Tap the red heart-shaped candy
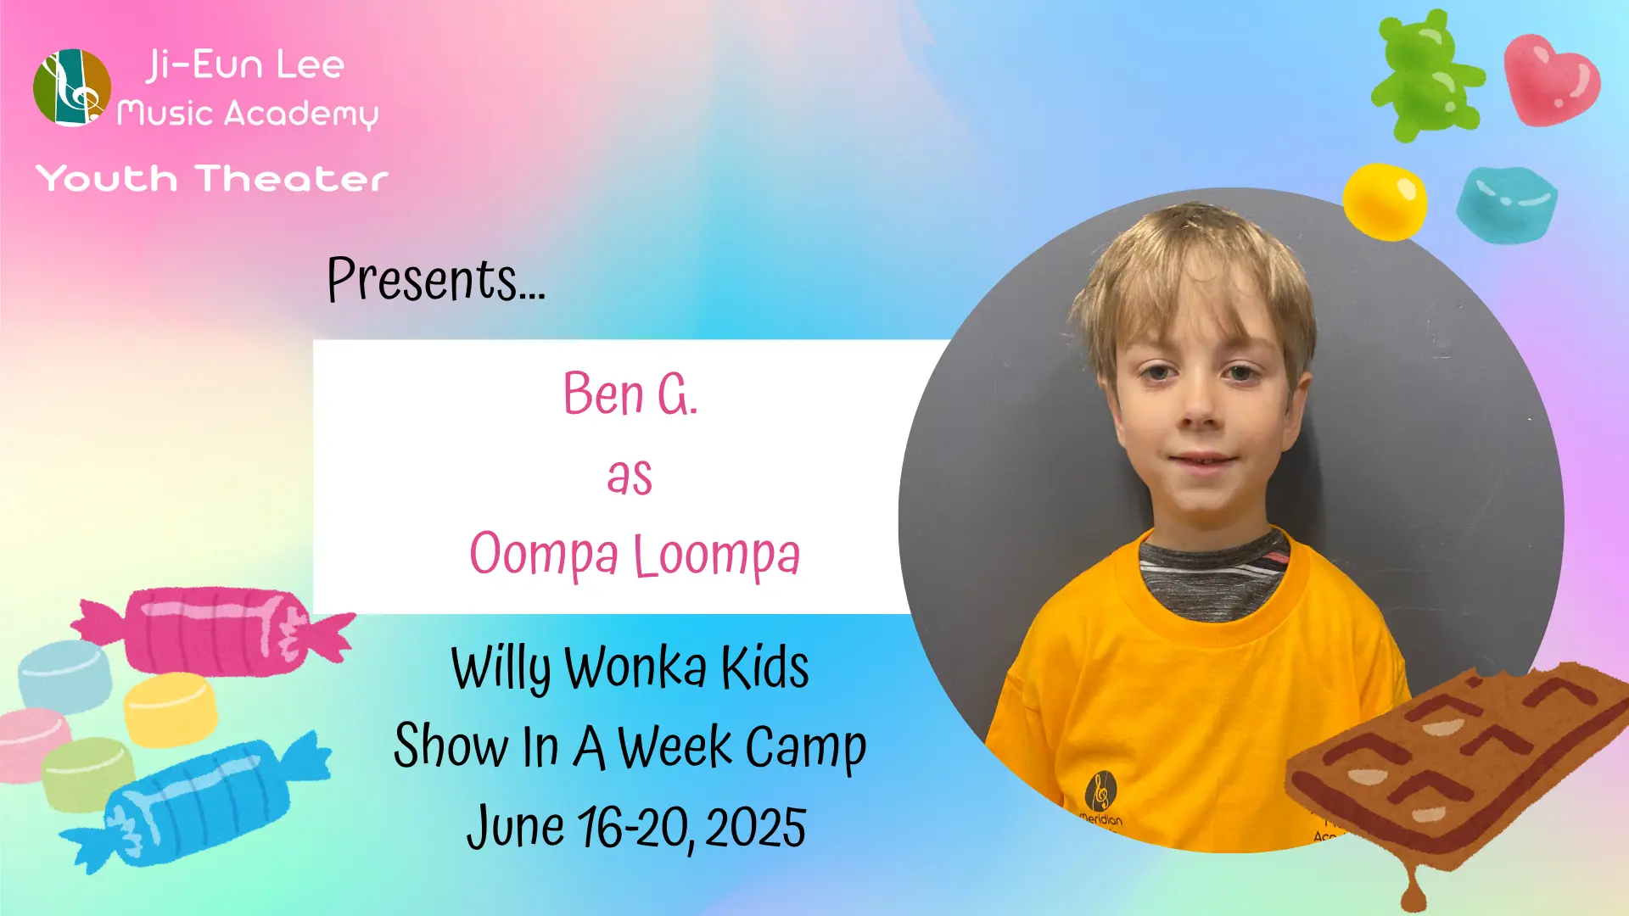click(x=1552, y=80)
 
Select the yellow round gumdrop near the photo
click(x=1385, y=201)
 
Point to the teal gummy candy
click(x=1507, y=205)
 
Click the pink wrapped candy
click(x=214, y=631)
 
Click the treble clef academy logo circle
click(x=72, y=87)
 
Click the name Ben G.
click(x=630, y=394)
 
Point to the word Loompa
click(x=717, y=556)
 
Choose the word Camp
click(x=805, y=749)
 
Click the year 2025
click(x=755, y=828)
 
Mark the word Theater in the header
click(x=292, y=179)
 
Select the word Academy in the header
click(x=301, y=114)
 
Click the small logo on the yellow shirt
click(x=1100, y=791)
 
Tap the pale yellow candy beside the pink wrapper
click(x=171, y=709)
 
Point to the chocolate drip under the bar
click(x=1413, y=886)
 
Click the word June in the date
click(x=515, y=828)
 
